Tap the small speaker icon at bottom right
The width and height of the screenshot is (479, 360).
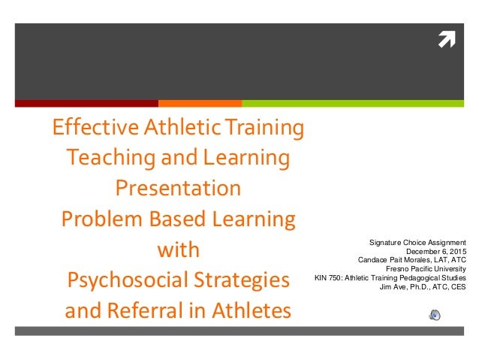[x=435, y=314]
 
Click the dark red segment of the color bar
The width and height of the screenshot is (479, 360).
[x=86, y=103]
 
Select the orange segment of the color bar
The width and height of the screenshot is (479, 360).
[x=200, y=103]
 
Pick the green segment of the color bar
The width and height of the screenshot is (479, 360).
[x=353, y=103]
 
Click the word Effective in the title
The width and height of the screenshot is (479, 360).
[x=86, y=129]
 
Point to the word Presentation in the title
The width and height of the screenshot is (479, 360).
[x=178, y=187]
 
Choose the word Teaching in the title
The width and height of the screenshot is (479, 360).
[x=105, y=158]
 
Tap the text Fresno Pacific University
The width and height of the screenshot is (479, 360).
[x=425, y=268]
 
